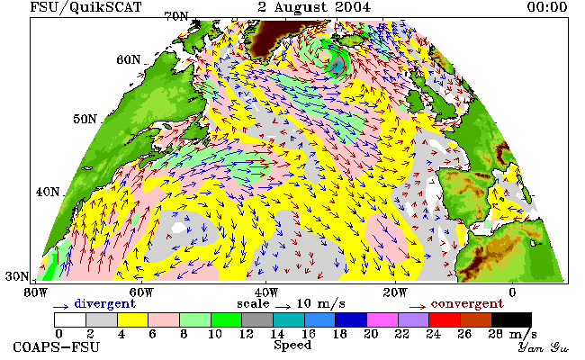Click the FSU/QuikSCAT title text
[x=85, y=7]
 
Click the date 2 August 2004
[x=314, y=7]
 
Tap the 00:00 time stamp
[x=547, y=7]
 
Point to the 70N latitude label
[x=176, y=16]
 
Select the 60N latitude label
[x=129, y=59]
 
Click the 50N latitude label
[x=85, y=119]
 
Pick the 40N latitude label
[x=48, y=192]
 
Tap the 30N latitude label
[x=17, y=276]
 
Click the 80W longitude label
[x=36, y=292]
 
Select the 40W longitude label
[x=266, y=292]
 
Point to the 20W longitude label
[x=395, y=292]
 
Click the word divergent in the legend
[x=104, y=303]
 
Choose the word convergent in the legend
[x=467, y=303]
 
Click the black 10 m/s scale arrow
[x=283, y=307]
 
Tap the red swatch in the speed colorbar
[x=445, y=320]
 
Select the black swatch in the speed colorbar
[x=511, y=320]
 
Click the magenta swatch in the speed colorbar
[x=382, y=320]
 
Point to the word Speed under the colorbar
[x=292, y=345]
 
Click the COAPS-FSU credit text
[x=57, y=346]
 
